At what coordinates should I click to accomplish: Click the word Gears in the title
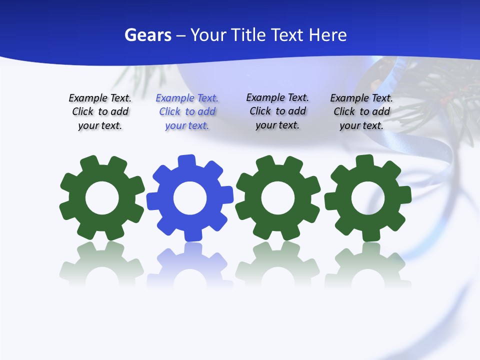(x=147, y=35)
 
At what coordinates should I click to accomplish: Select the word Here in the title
(x=327, y=35)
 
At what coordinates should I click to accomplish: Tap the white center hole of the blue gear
(x=190, y=198)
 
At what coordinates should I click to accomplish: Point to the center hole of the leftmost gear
(x=102, y=198)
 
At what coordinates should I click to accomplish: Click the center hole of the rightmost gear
(x=368, y=198)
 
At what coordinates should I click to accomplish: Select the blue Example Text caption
(x=187, y=112)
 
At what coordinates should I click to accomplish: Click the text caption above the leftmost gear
(x=100, y=112)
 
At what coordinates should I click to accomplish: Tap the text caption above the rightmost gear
(x=361, y=112)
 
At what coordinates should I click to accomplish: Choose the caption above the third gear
(x=277, y=111)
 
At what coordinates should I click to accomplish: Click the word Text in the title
(x=288, y=35)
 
